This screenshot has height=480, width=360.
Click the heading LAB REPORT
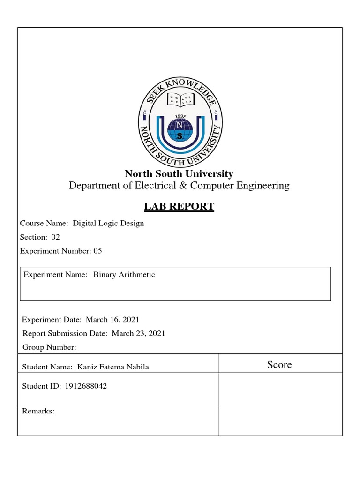pos(180,206)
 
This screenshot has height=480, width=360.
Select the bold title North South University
pos(179,174)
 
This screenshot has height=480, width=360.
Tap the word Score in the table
pos(279,365)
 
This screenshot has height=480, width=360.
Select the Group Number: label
pos(49,347)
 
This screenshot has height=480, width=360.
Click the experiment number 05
pos(97,251)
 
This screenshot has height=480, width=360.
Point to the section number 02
pos(56,237)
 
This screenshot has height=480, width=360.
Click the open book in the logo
pos(180,99)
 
